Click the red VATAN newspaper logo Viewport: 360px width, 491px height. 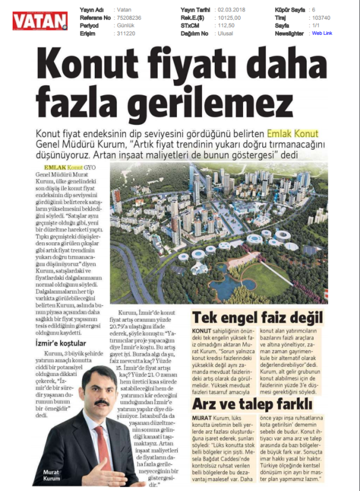pyautogui.click(x=40, y=22)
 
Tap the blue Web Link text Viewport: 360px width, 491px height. pyautogui.click(x=322, y=34)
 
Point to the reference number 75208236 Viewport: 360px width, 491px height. pyautogui.click(x=128, y=18)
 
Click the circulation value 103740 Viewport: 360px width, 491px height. pyautogui.click(x=322, y=18)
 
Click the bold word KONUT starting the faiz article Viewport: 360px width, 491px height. pyautogui.click(x=202, y=331)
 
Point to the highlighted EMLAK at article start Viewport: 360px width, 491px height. pyautogui.click(x=55, y=168)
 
